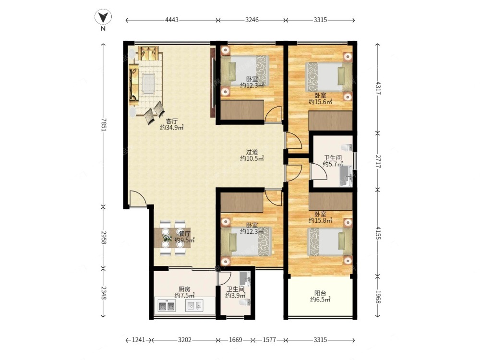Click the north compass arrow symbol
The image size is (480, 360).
click(103, 17)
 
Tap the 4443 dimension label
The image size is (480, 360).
click(172, 20)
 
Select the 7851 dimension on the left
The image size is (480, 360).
click(103, 125)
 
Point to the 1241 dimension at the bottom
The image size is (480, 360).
click(139, 340)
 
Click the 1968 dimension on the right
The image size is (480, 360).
click(378, 297)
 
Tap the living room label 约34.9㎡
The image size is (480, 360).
click(172, 127)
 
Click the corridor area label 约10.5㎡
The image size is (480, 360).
click(252, 158)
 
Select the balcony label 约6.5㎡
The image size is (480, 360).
click(320, 300)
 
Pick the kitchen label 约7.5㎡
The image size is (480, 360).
click(185, 295)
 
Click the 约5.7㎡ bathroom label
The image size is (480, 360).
click(333, 164)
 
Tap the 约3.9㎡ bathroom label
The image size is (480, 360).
click(235, 295)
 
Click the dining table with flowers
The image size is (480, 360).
click(172, 238)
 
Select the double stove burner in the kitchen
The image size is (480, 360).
click(167, 306)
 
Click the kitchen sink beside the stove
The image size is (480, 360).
click(194, 305)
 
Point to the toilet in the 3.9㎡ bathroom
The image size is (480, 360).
click(245, 302)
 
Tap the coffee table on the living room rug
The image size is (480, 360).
click(149, 83)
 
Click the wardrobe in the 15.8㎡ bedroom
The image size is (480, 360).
click(331, 202)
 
